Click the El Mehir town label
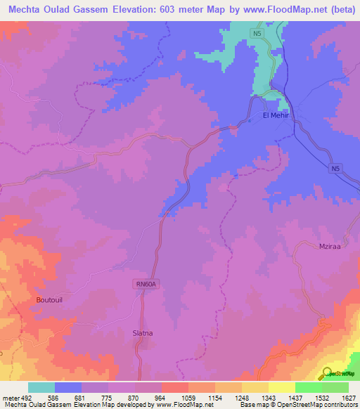pos(276,115)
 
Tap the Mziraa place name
pos(330,247)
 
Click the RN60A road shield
pos(145,284)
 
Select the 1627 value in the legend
pos(349,398)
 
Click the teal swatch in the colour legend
pos(41,387)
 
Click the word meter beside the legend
pos(10,398)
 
